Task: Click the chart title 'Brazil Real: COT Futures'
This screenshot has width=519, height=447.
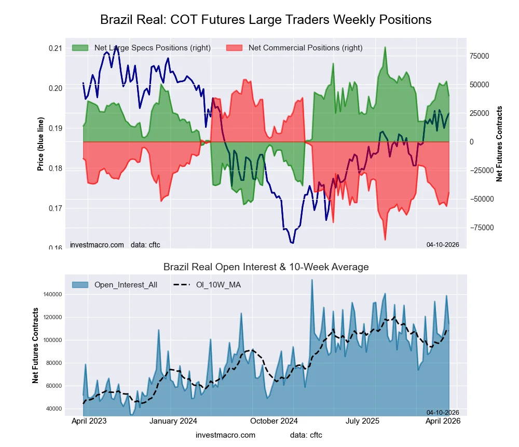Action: coord(265,20)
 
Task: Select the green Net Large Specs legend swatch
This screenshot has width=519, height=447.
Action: coord(80,48)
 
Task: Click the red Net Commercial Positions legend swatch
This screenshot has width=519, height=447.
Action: coord(235,48)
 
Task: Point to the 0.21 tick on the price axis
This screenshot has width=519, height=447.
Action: coord(55,48)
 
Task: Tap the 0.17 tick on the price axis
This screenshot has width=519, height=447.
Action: coord(55,208)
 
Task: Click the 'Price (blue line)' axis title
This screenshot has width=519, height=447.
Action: coord(40,143)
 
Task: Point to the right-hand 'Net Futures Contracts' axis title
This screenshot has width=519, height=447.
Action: coord(500,143)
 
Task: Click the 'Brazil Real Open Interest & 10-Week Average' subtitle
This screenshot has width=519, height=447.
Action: coord(266,267)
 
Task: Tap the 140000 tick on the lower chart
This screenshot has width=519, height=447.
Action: coord(51,294)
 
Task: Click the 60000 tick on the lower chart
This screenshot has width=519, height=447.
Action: coord(51,386)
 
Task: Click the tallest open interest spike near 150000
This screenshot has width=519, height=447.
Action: coord(312,280)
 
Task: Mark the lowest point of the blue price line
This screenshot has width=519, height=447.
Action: coord(293,243)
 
